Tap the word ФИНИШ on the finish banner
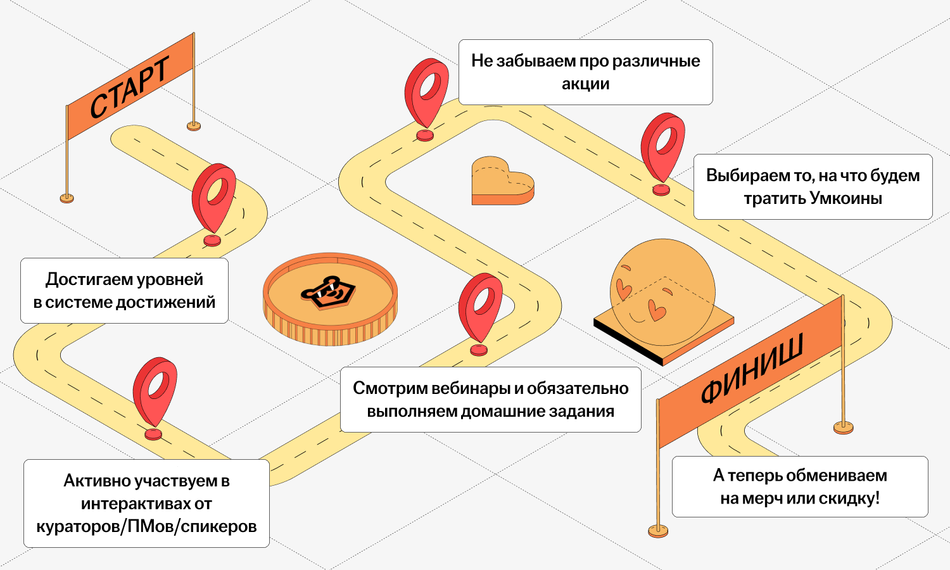coord(752,368)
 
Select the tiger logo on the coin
coord(328,293)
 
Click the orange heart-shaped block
coord(503,181)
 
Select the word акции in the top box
coord(586,84)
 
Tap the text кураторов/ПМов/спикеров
coord(146,526)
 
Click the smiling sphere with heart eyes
coord(662,292)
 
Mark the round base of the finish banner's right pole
coord(843,427)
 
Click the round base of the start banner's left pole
coord(66,198)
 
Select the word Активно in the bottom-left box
coord(96,481)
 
